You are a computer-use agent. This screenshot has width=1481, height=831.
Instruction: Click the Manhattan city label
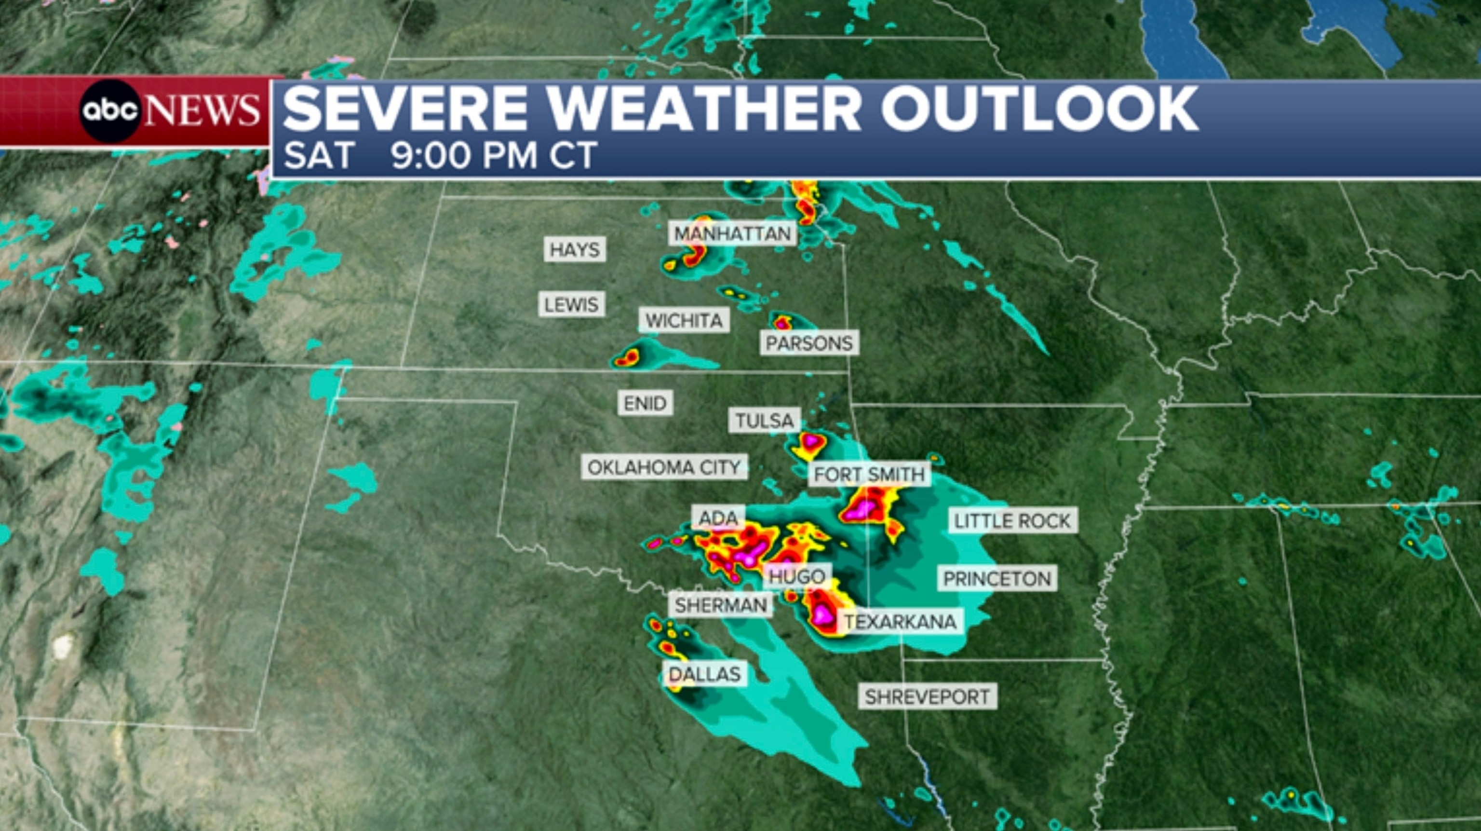732,233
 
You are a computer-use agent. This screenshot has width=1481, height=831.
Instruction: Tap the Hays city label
574,249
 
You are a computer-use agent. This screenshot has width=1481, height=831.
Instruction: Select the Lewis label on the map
571,304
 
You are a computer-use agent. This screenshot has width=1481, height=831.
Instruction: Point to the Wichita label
684,320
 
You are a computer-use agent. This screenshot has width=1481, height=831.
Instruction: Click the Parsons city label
809,343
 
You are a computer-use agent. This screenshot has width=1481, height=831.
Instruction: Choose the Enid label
645,403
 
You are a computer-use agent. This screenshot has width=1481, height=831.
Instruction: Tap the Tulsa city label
764,421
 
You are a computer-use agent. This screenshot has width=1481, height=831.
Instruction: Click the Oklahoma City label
663,467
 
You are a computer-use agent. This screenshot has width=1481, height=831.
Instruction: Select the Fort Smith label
869,475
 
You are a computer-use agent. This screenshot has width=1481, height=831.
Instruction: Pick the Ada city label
718,518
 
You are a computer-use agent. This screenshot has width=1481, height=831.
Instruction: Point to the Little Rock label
1012,521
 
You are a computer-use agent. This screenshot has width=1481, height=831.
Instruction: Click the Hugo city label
797,576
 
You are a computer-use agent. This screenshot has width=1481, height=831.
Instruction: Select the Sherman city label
720,605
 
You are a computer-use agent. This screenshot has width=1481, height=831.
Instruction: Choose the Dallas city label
704,673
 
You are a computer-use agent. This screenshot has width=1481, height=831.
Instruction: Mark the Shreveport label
927,697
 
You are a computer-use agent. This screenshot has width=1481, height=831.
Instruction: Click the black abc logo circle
110,111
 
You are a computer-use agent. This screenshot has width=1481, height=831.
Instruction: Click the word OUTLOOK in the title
1039,109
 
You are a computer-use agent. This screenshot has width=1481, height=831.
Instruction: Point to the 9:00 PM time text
465,155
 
